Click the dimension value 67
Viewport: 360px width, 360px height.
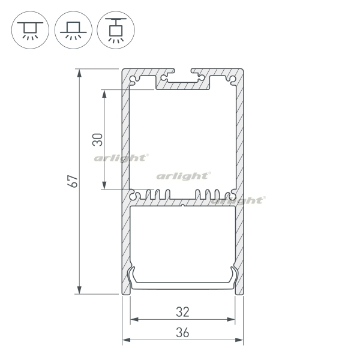(73, 181)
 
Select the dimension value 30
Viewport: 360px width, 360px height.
(98, 140)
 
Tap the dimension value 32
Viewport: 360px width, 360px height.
(183, 312)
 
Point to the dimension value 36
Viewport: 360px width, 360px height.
(183, 332)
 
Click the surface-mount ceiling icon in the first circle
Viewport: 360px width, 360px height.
(30, 31)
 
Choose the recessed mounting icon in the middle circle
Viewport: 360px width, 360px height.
(73, 31)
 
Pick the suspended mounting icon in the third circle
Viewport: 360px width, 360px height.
(116, 31)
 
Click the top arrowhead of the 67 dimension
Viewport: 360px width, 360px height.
(79, 73)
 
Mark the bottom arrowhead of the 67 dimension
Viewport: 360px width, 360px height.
(79, 290)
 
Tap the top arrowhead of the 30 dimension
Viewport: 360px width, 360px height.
(104, 94)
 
